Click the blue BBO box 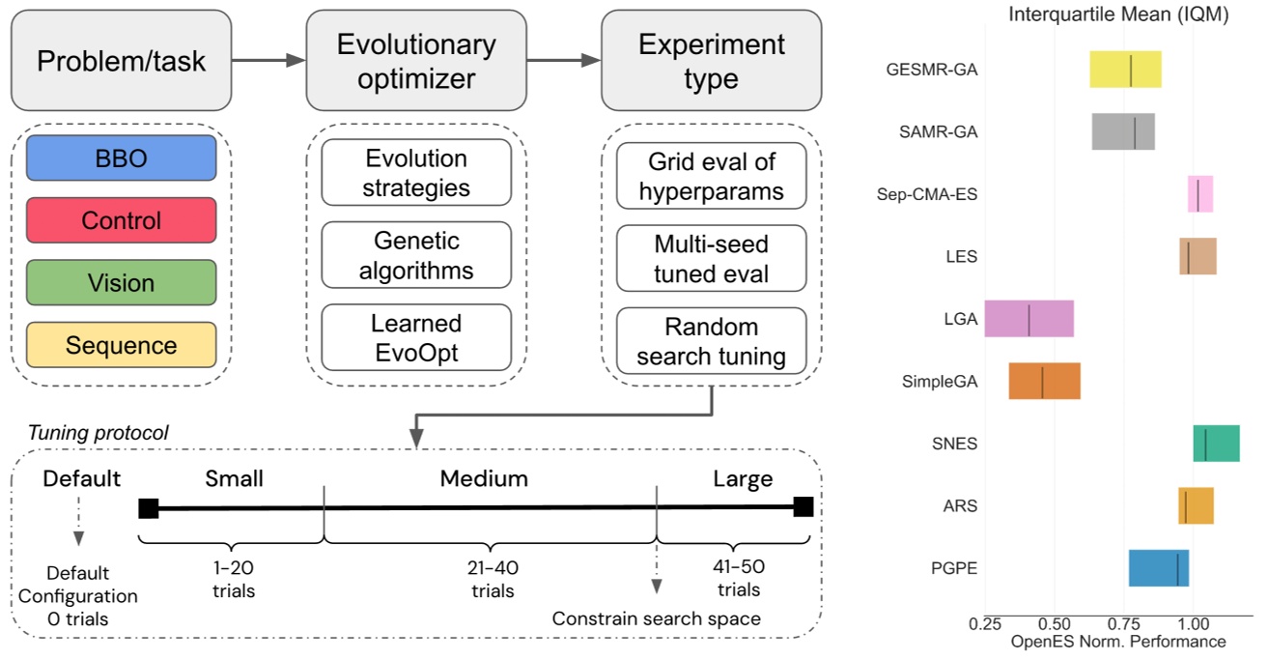coord(122,158)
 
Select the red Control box coord(122,220)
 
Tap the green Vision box coord(122,283)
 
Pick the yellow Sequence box coord(122,345)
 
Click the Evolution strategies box coord(416,172)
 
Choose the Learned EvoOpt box coord(416,337)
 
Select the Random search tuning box coord(711,341)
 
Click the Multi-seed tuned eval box coord(711,259)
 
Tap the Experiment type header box coord(711,61)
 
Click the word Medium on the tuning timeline coord(484,478)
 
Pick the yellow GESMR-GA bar coord(1125,70)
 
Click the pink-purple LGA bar coord(1029,319)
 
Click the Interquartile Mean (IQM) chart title coord(1117,15)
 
